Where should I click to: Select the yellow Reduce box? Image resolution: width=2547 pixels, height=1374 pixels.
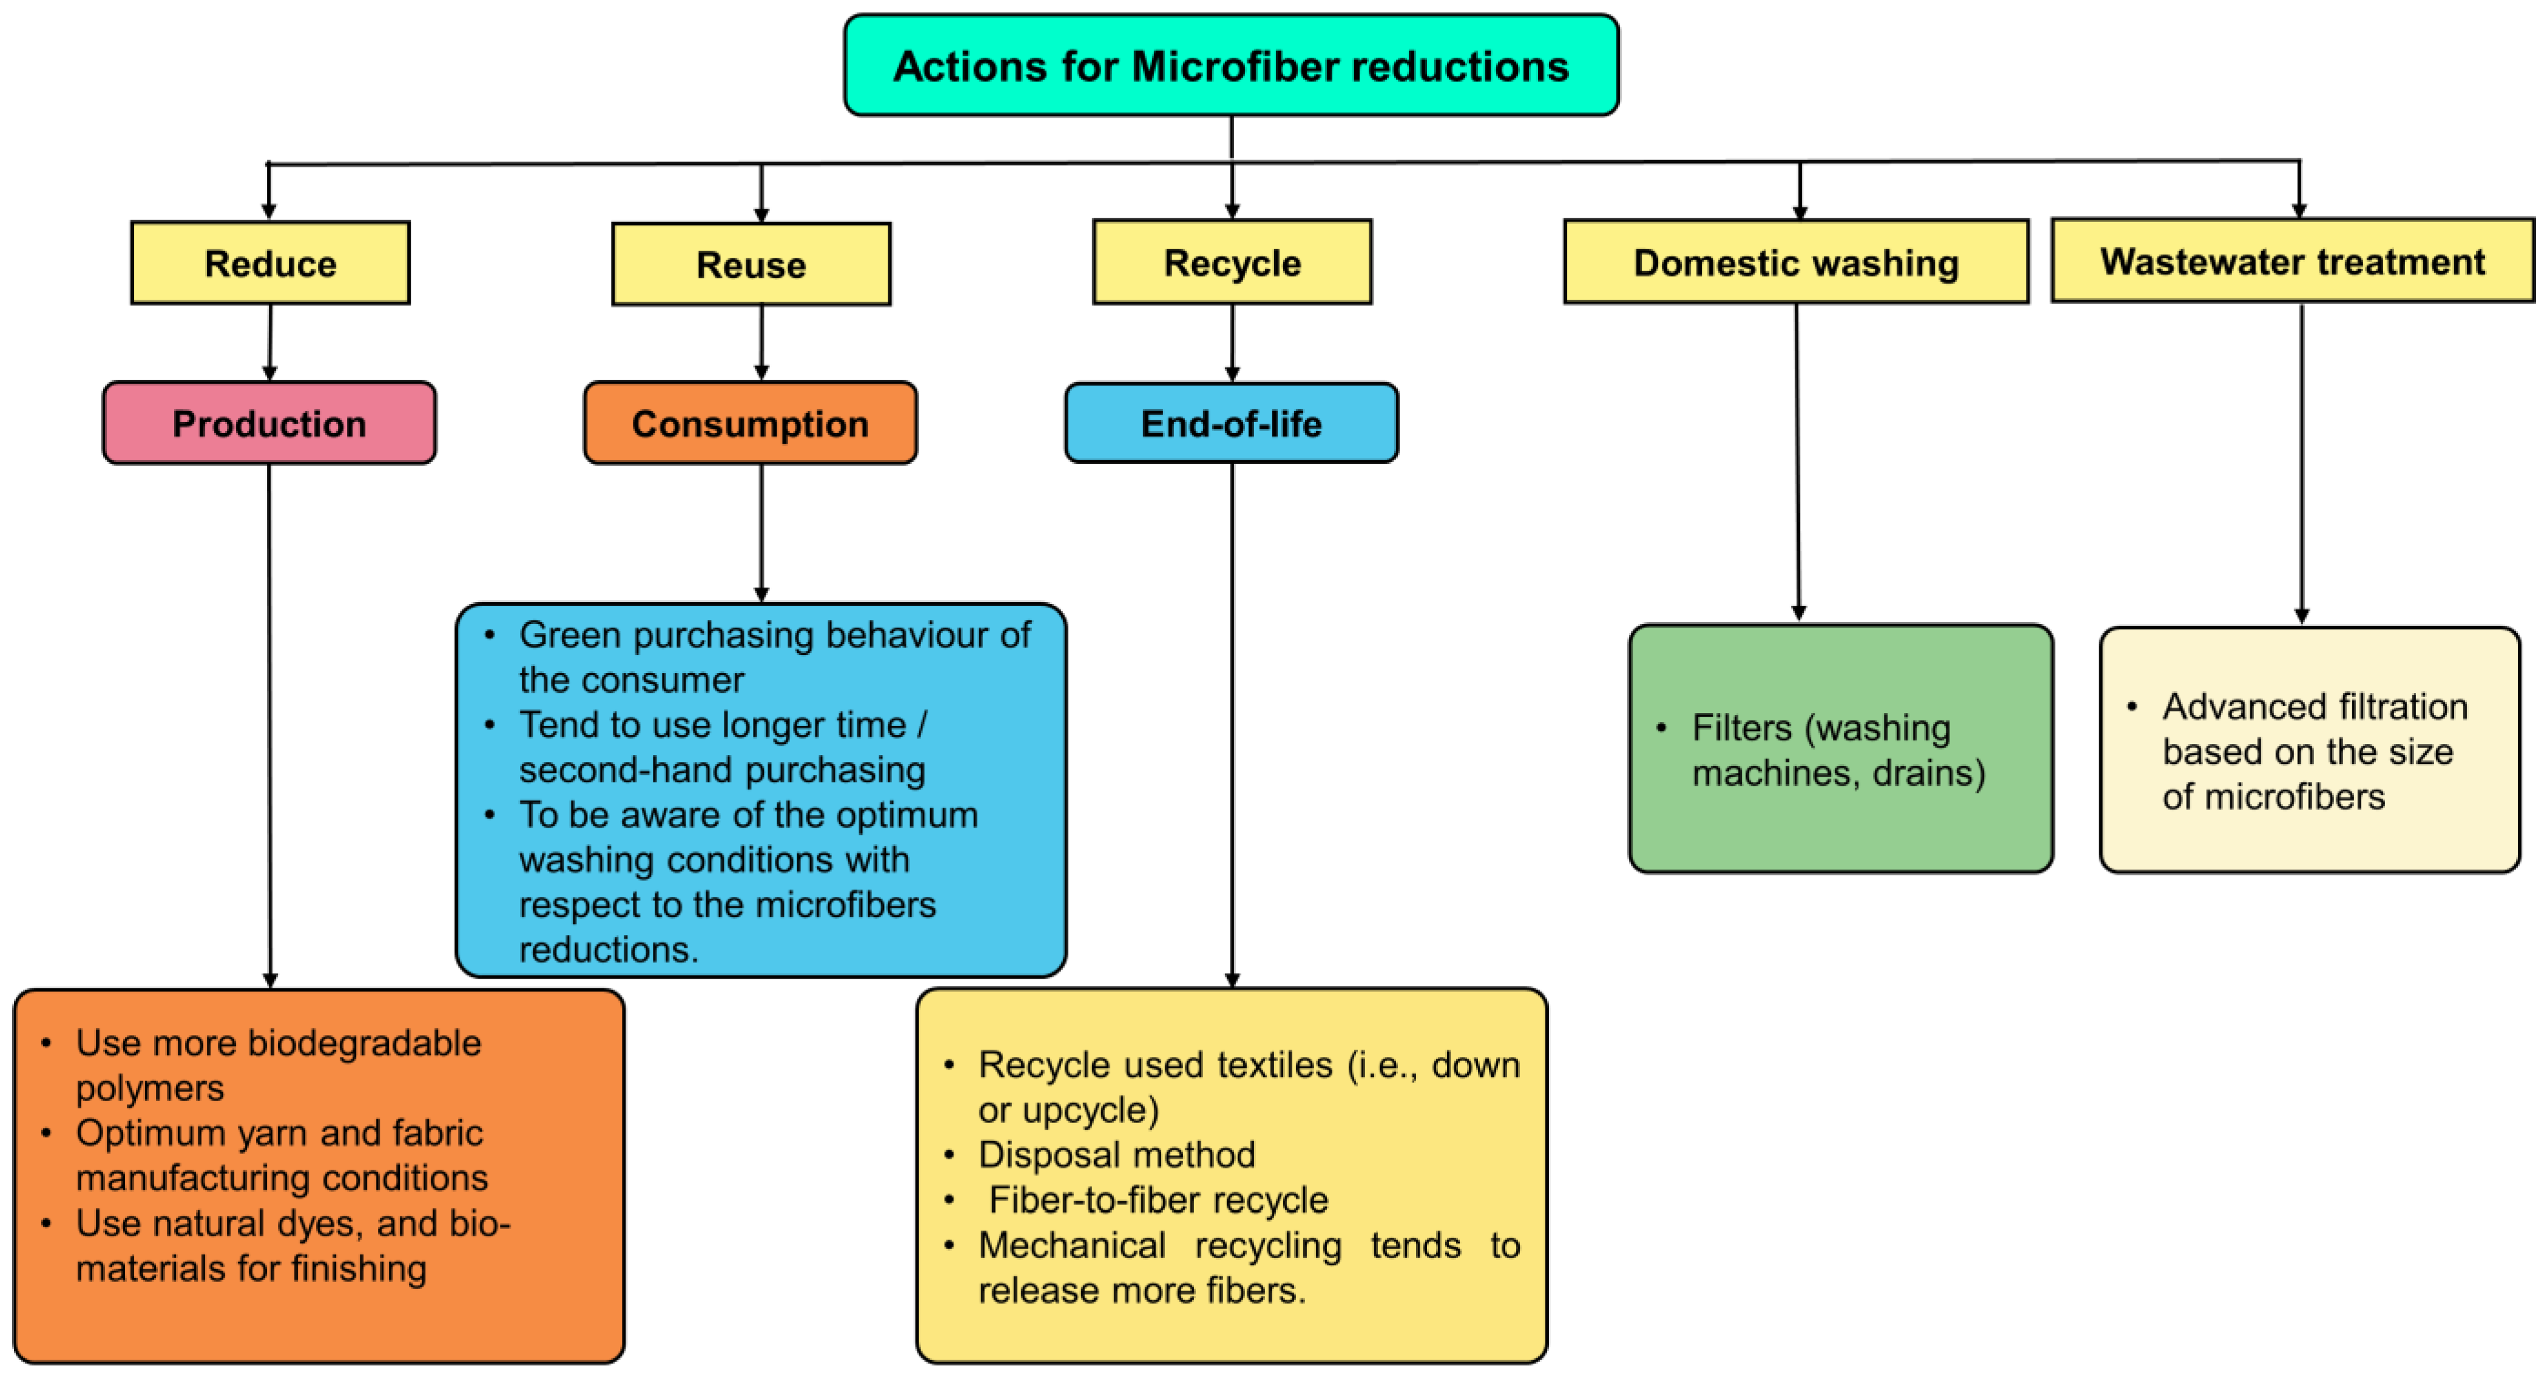coord(270,263)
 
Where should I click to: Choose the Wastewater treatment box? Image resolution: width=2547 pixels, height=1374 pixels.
coord(2292,261)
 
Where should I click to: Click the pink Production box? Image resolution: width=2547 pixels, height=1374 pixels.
coord(269,423)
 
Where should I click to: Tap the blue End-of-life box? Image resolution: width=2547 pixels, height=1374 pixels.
coord(1231,423)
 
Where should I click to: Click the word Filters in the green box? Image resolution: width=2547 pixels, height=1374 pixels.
coord(1741,728)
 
